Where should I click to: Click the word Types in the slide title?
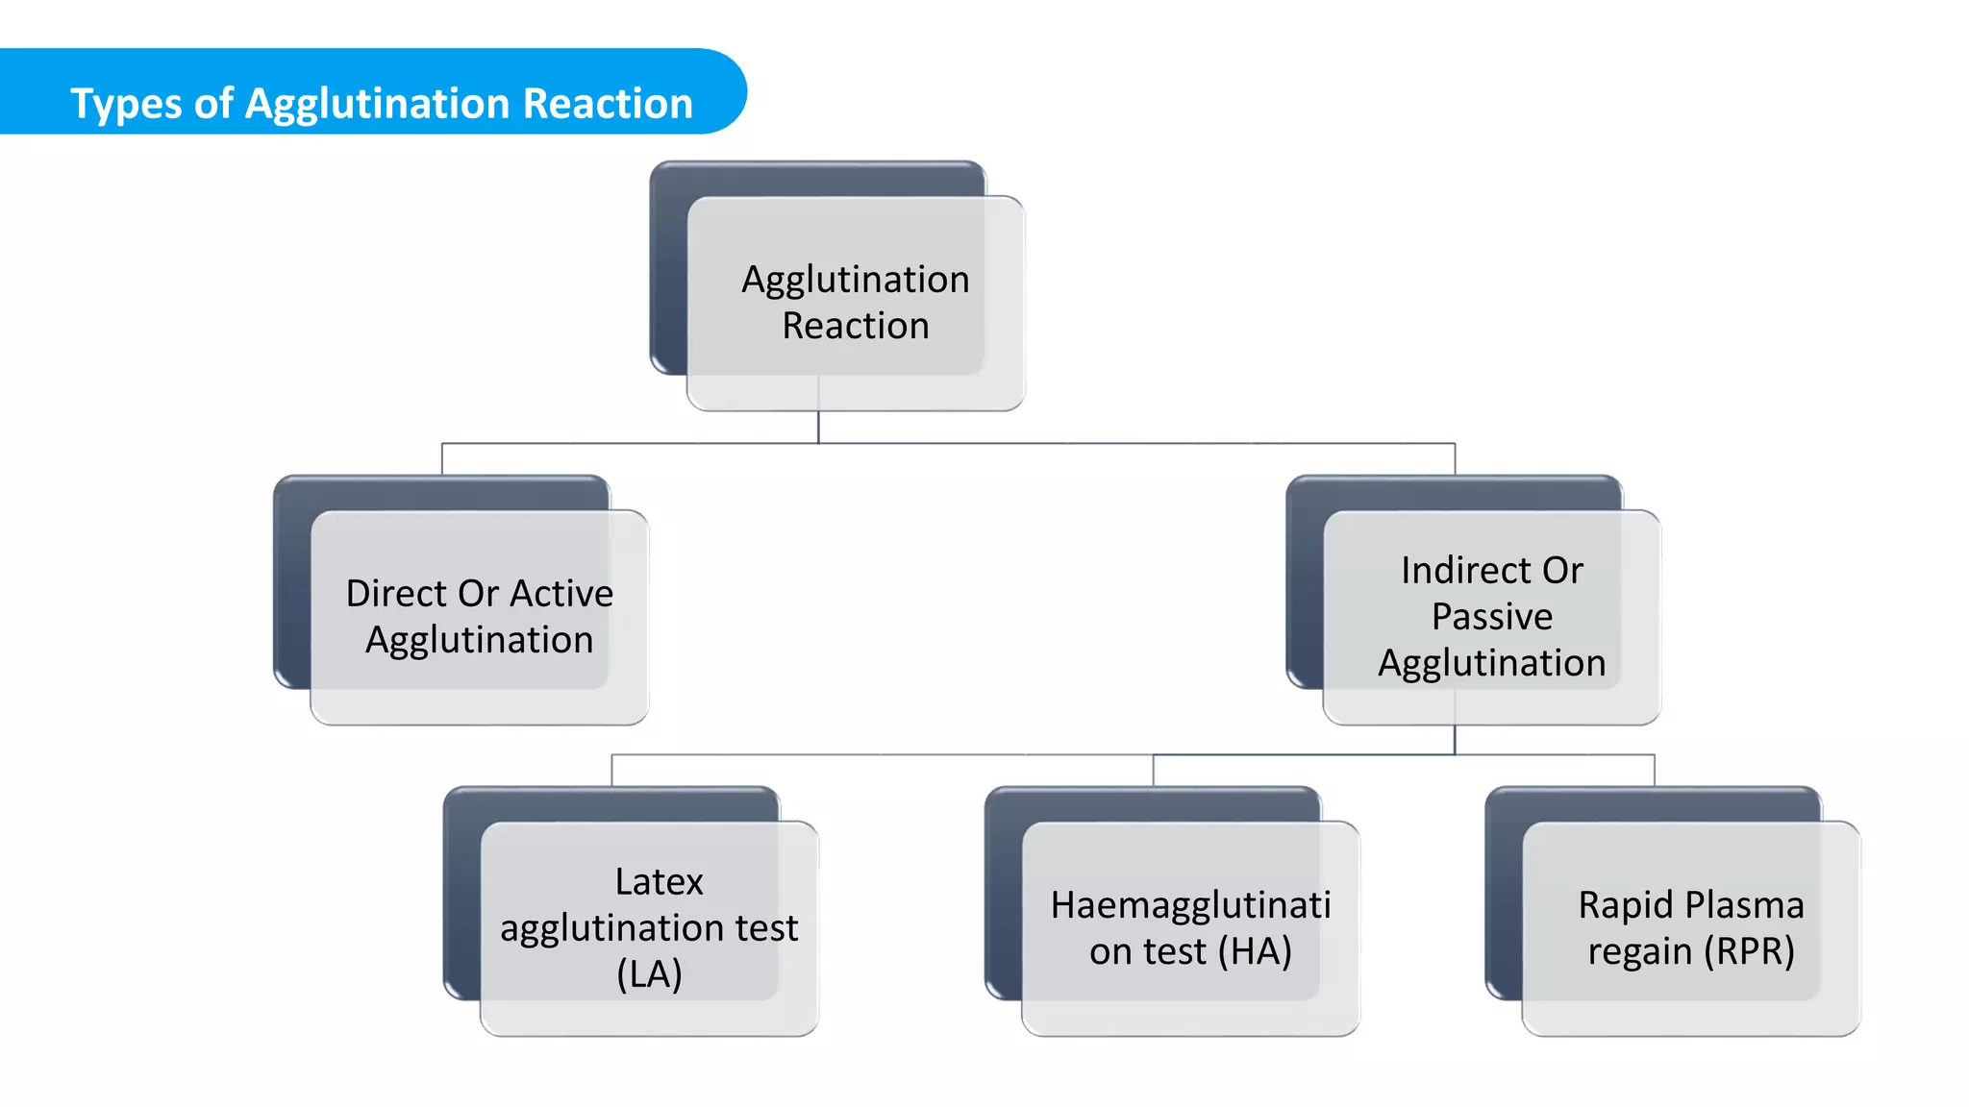[x=126, y=104]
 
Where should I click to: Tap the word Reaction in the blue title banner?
[x=608, y=103]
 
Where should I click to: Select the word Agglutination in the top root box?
[x=855, y=280]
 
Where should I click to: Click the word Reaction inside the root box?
[x=855, y=326]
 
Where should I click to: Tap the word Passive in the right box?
[x=1491, y=616]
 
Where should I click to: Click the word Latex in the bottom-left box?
[x=659, y=881]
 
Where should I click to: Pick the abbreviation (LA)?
[x=649, y=973]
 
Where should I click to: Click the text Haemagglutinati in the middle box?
[x=1190, y=904]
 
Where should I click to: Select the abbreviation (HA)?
[x=1254, y=950]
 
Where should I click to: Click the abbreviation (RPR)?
[x=1749, y=950]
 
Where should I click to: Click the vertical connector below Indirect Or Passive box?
[x=1455, y=740]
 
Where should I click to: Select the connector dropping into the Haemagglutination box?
[x=1153, y=771]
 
